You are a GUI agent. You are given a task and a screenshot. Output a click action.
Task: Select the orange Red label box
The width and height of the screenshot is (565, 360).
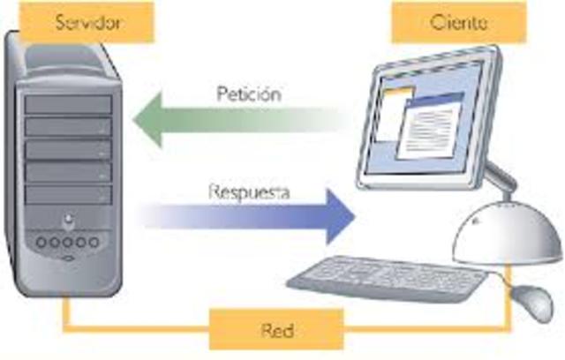coord(276,330)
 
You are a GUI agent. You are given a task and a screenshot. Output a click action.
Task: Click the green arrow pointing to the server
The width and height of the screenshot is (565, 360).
coord(238,120)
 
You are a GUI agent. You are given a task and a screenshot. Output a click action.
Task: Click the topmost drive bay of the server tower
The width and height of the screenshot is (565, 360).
coord(69,105)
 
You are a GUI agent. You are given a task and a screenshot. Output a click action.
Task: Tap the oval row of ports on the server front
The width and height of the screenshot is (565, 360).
coord(69,241)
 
